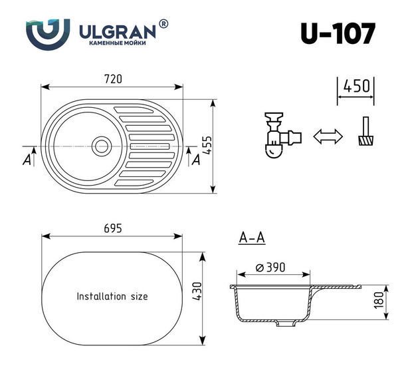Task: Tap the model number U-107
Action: (337, 33)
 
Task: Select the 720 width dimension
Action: (112, 79)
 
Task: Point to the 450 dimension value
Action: (356, 87)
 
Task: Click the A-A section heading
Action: (252, 237)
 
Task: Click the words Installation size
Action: (112, 296)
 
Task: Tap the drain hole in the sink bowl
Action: (102, 145)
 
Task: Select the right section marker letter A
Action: (196, 159)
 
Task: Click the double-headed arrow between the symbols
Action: (327, 137)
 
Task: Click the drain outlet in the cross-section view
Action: (287, 325)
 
